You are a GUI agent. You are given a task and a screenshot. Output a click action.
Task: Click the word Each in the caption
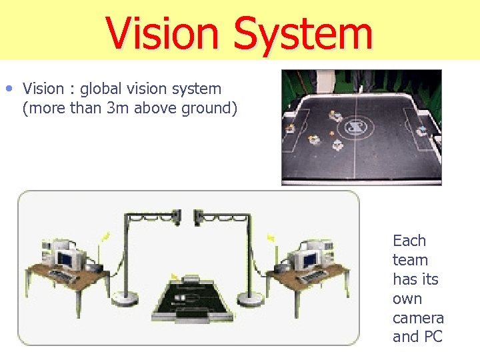point(409,241)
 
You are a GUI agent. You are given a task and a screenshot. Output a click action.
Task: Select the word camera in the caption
point(418,318)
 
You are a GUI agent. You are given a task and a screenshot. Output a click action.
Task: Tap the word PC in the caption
point(431,337)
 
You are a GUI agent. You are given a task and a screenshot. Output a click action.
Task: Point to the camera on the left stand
point(176,215)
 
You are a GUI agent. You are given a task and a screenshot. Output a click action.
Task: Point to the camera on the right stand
point(199,215)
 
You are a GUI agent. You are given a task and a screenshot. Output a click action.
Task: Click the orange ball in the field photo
point(331,133)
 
